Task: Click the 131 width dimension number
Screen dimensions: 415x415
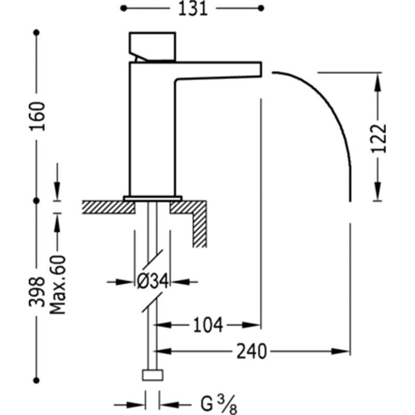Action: click(x=192, y=9)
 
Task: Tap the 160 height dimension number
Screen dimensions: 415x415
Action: click(x=37, y=116)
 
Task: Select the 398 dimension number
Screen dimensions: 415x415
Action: click(x=36, y=292)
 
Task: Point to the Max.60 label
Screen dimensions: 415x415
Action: click(x=58, y=285)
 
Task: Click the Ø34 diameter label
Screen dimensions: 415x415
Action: click(x=153, y=281)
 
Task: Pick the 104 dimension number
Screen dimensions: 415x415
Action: click(x=208, y=325)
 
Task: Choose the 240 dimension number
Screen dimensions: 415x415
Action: click(x=252, y=352)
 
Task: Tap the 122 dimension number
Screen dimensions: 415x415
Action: click(x=379, y=139)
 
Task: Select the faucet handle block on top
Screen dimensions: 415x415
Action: click(x=153, y=47)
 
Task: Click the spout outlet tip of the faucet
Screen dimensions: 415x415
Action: click(x=261, y=70)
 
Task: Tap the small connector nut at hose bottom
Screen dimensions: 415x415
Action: click(x=153, y=375)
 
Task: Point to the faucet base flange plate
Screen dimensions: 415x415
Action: click(x=153, y=199)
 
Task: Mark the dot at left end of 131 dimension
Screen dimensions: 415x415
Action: click(x=123, y=8)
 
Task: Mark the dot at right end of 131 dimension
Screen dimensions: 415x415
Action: click(x=261, y=8)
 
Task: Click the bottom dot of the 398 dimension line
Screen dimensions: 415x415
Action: click(x=36, y=380)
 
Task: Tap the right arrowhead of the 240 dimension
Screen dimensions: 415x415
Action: click(x=341, y=352)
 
